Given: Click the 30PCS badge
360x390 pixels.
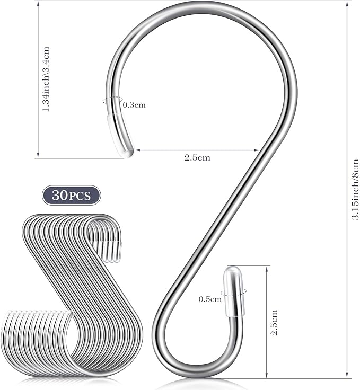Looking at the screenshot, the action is (x=72, y=195).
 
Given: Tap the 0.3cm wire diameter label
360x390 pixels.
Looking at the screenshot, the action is (x=134, y=105).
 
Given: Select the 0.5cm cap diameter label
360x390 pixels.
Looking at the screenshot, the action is (x=210, y=299).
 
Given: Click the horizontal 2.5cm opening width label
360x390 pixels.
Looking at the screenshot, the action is (x=197, y=157).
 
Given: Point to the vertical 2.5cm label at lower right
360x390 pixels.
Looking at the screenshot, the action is (x=274, y=323).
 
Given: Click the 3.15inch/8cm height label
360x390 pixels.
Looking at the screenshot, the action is (x=355, y=190).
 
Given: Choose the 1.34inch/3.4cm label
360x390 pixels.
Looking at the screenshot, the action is (x=46, y=79).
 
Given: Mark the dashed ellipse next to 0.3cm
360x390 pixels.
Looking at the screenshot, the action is (x=113, y=100).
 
